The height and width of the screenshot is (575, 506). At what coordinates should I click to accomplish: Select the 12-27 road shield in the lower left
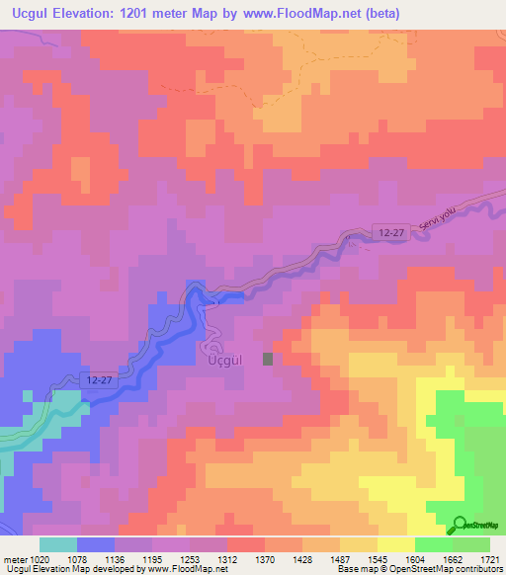point(96,379)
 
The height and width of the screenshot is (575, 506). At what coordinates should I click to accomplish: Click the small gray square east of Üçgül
point(268,360)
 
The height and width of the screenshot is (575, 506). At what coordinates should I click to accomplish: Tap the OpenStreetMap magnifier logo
point(461,527)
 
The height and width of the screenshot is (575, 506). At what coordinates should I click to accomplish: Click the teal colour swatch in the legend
point(58,544)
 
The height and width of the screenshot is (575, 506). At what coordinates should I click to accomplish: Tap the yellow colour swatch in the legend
point(396,544)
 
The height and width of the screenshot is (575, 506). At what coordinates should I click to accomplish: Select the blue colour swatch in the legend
point(96,544)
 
